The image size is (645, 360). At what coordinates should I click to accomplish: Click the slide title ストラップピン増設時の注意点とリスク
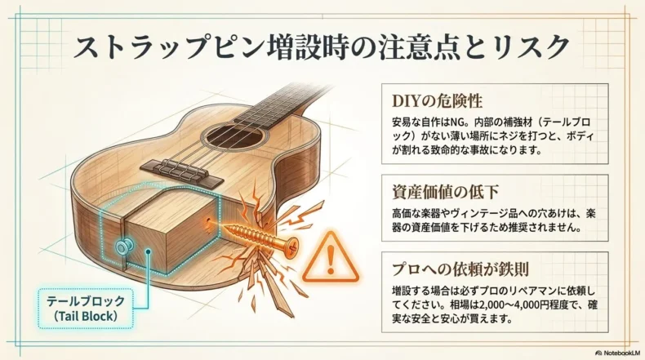coord(322,46)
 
